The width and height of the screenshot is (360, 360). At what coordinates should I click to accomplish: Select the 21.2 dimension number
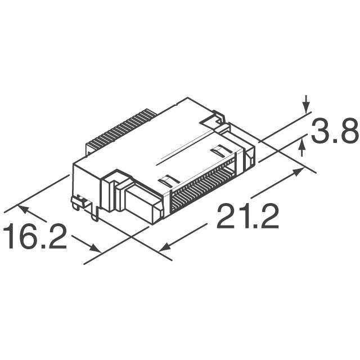pos(247,217)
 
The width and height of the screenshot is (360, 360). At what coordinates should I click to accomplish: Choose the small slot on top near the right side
pos(219,151)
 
